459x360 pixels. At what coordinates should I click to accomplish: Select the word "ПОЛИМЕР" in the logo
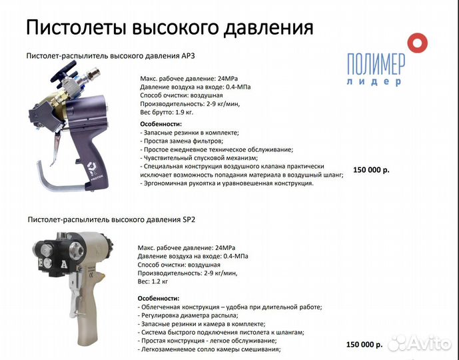[x=375, y=65]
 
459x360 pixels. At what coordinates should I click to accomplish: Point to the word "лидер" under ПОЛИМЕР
[x=374, y=82]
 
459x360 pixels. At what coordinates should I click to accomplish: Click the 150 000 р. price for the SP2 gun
[x=364, y=345]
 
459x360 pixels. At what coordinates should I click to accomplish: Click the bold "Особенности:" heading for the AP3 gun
[x=161, y=124]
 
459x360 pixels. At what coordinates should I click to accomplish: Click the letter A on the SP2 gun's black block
[x=65, y=264]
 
